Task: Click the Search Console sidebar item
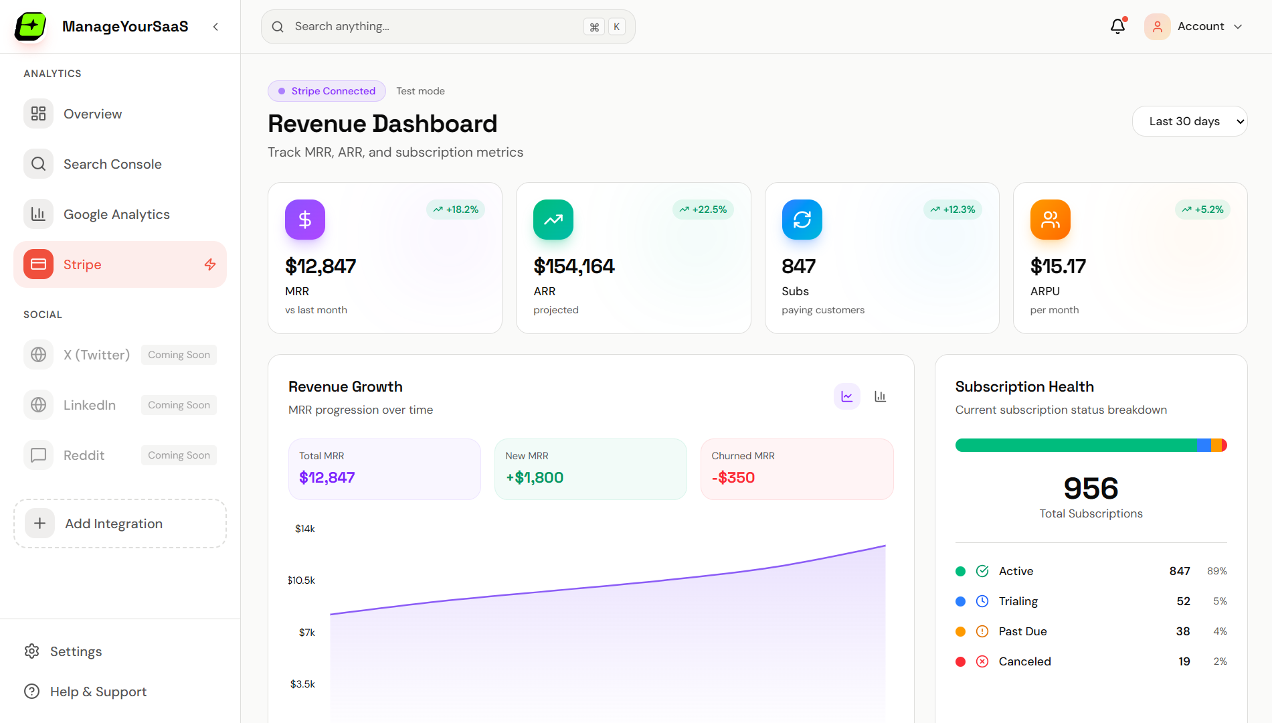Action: [112, 164]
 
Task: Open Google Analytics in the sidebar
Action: [116, 214]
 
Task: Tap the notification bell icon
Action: [1117, 27]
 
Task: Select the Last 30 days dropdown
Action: [1189, 121]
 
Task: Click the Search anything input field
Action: [435, 27]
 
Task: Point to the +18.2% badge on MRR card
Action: [456, 210]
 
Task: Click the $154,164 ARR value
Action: [573, 266]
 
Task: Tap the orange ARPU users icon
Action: [1050, 220]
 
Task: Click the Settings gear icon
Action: [31, 651]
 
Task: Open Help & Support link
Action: [98, 692]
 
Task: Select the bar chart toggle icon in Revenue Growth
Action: [880, 396]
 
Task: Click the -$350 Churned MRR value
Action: [733, 477]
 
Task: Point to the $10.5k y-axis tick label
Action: [301, 580]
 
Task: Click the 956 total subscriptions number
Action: [1091, 488]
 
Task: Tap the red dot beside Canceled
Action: [960, 661]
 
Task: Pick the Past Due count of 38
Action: [1182, 631]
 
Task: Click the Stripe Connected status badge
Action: [327, 91]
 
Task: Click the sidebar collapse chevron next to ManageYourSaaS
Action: [215, 27]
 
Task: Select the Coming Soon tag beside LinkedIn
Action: [179, 405]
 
